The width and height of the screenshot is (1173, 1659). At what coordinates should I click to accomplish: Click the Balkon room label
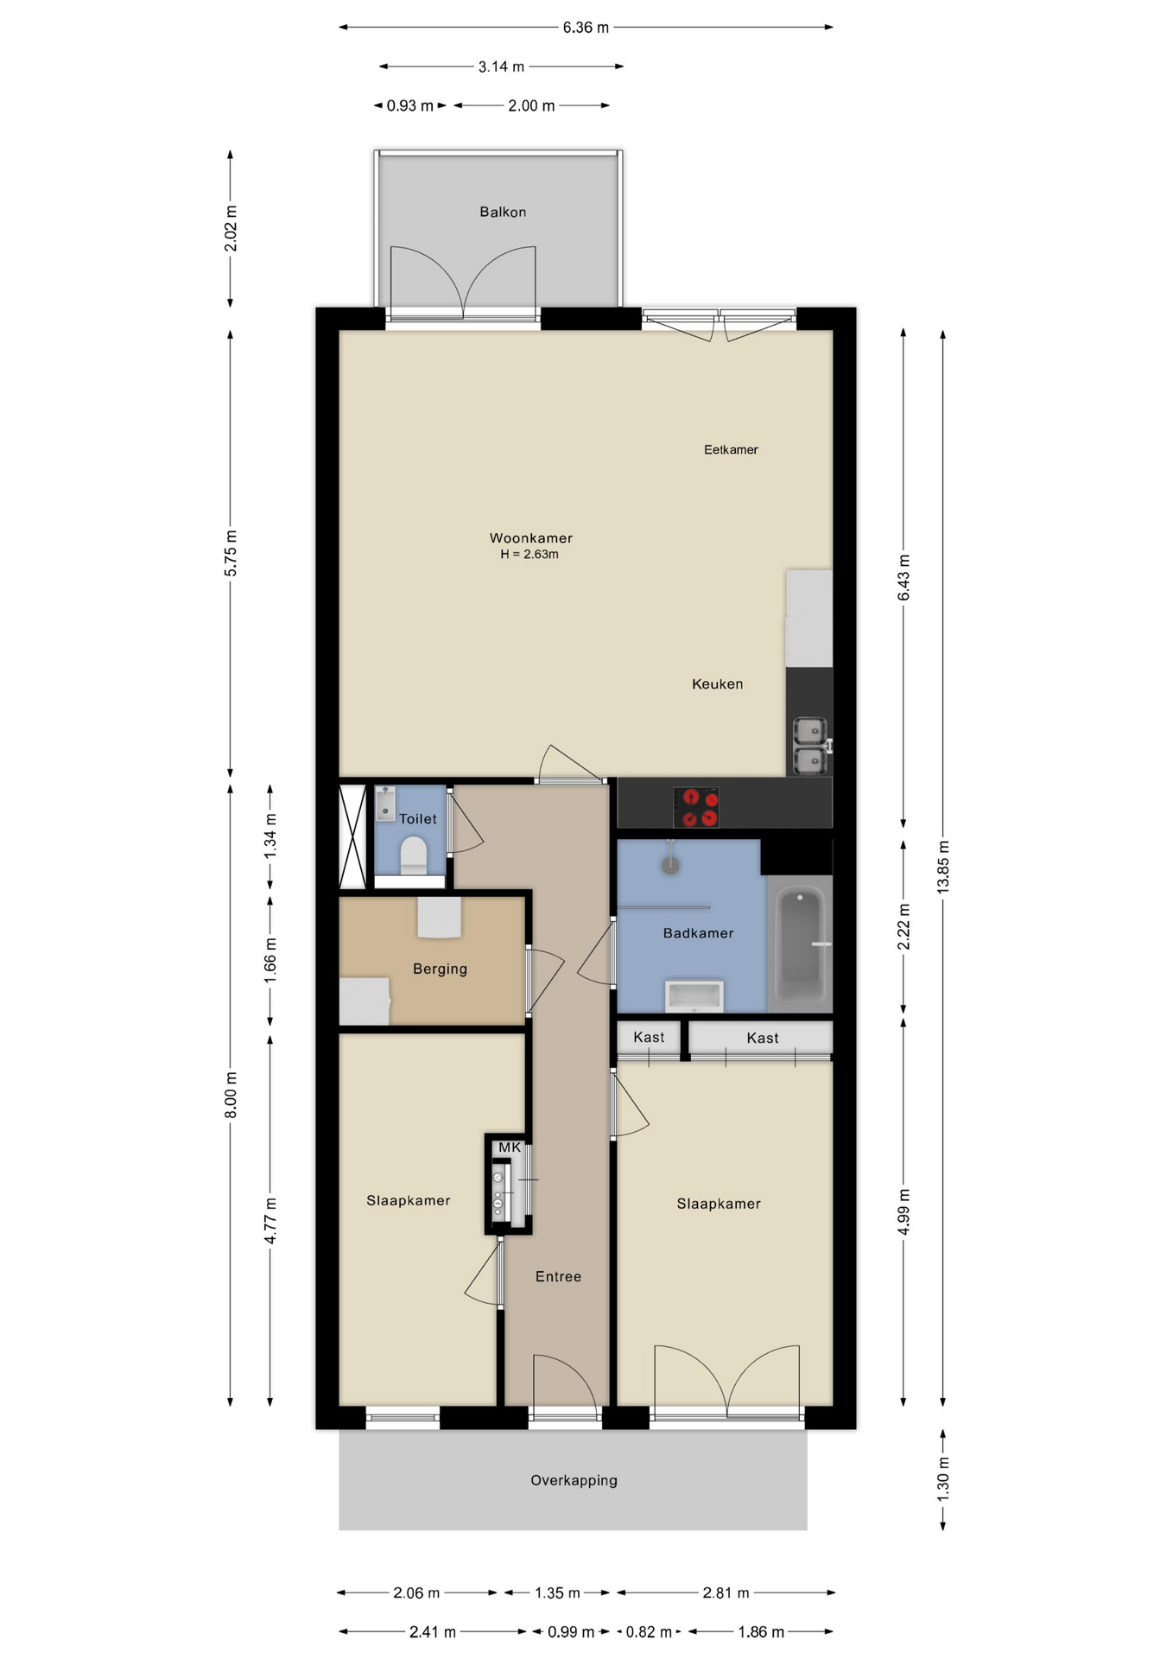[x=503, y=212]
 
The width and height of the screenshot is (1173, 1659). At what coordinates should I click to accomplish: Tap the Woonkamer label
[x=531, y=538]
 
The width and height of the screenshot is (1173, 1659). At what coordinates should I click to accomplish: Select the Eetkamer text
[x=731, y=449]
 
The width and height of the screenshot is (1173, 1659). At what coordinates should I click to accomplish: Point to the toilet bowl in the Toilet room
[x=414, y=855]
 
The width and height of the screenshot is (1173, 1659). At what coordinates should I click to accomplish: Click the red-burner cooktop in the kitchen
[x=696, y=807]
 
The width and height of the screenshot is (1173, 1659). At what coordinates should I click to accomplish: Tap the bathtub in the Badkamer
[x=801, y=944]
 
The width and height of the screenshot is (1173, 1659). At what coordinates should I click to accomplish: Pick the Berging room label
[x=440, y=969]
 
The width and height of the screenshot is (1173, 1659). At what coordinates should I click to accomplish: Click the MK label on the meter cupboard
[x=510, y=1147]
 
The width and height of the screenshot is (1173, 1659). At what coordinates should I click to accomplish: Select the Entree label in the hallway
[x=558, y=1276]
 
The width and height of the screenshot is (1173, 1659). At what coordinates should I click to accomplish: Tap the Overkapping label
[x=574, y=1480]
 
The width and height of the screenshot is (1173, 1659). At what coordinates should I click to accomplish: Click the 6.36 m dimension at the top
[x=586, y=28]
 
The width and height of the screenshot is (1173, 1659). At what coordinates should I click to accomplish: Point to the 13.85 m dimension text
[x=943, y=866]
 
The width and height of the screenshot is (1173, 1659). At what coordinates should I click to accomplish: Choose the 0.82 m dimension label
[x=649, y=1632]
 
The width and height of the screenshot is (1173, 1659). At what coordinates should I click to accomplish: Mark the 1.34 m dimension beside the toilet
[x=270, y=836]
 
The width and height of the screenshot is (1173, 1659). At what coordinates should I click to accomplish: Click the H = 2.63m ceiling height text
[x=529, y=555]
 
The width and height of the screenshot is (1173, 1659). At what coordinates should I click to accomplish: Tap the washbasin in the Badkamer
[x=694, y=996]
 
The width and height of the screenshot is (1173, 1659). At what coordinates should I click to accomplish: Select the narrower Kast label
[x=649, y=1037]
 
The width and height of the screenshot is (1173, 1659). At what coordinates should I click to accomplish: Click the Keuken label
[x=717, y=684]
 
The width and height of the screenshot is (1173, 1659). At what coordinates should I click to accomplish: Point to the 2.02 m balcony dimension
[x=231, y=229]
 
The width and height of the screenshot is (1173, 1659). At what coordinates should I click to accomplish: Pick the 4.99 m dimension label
[x=904, y=1212]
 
